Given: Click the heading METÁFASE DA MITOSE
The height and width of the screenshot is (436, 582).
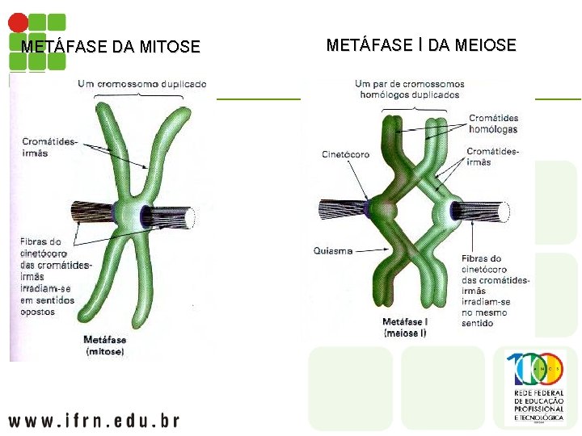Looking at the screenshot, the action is point(110,47).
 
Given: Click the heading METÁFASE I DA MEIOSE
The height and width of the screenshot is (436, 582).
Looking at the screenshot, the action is point(421,45).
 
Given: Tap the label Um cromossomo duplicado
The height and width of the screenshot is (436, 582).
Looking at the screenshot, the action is point(142,84).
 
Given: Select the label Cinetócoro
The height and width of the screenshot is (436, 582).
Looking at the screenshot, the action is point(345,154).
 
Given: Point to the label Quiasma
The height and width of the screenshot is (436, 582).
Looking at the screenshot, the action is point(333,251).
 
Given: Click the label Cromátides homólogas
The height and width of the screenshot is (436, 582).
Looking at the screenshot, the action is point(493,124).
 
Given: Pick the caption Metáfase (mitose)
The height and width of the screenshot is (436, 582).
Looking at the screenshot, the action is point(104,346).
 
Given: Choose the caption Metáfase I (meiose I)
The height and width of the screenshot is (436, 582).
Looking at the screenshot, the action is point(406,327).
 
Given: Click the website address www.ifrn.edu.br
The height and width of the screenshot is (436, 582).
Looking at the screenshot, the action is point(94,420).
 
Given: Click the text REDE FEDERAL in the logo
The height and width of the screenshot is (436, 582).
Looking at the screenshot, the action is point(539,393).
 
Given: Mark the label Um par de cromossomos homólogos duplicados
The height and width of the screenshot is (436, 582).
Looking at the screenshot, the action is point(410,89).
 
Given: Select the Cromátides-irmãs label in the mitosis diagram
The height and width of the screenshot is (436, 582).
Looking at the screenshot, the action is point(50,147).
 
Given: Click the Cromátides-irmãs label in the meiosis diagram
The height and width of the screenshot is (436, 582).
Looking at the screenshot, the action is point(492,157).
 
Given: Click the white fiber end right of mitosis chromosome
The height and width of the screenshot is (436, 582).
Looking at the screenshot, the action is point(190,216).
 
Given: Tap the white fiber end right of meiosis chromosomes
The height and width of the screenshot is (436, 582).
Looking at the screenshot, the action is point(504,212).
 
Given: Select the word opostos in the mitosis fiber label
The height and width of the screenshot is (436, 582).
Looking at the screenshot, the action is point(38,311).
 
